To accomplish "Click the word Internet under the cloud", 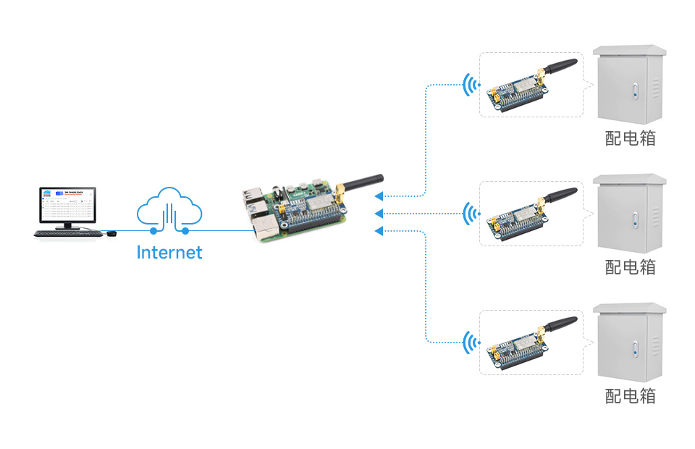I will (169, 253).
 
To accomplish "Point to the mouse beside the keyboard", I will (111, 233).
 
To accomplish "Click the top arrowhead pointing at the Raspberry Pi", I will (379, 196).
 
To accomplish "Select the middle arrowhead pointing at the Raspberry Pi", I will (379, 213).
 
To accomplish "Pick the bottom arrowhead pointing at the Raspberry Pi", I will (379, 230).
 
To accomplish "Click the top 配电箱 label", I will (631, 138).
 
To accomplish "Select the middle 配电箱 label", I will (631, 267).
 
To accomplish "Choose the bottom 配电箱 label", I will (631, 395).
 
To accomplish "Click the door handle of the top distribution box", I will (635, 92).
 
